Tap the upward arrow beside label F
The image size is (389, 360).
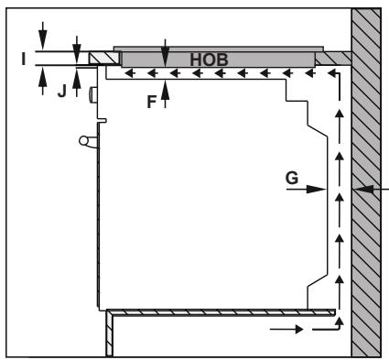click(164, 95)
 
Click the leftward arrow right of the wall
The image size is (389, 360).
click(375, 190)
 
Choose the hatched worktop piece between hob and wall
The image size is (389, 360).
click(334, 59)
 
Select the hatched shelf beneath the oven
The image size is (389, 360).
click(220, 312)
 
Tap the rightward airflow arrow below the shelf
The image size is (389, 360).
click(283, 326)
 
